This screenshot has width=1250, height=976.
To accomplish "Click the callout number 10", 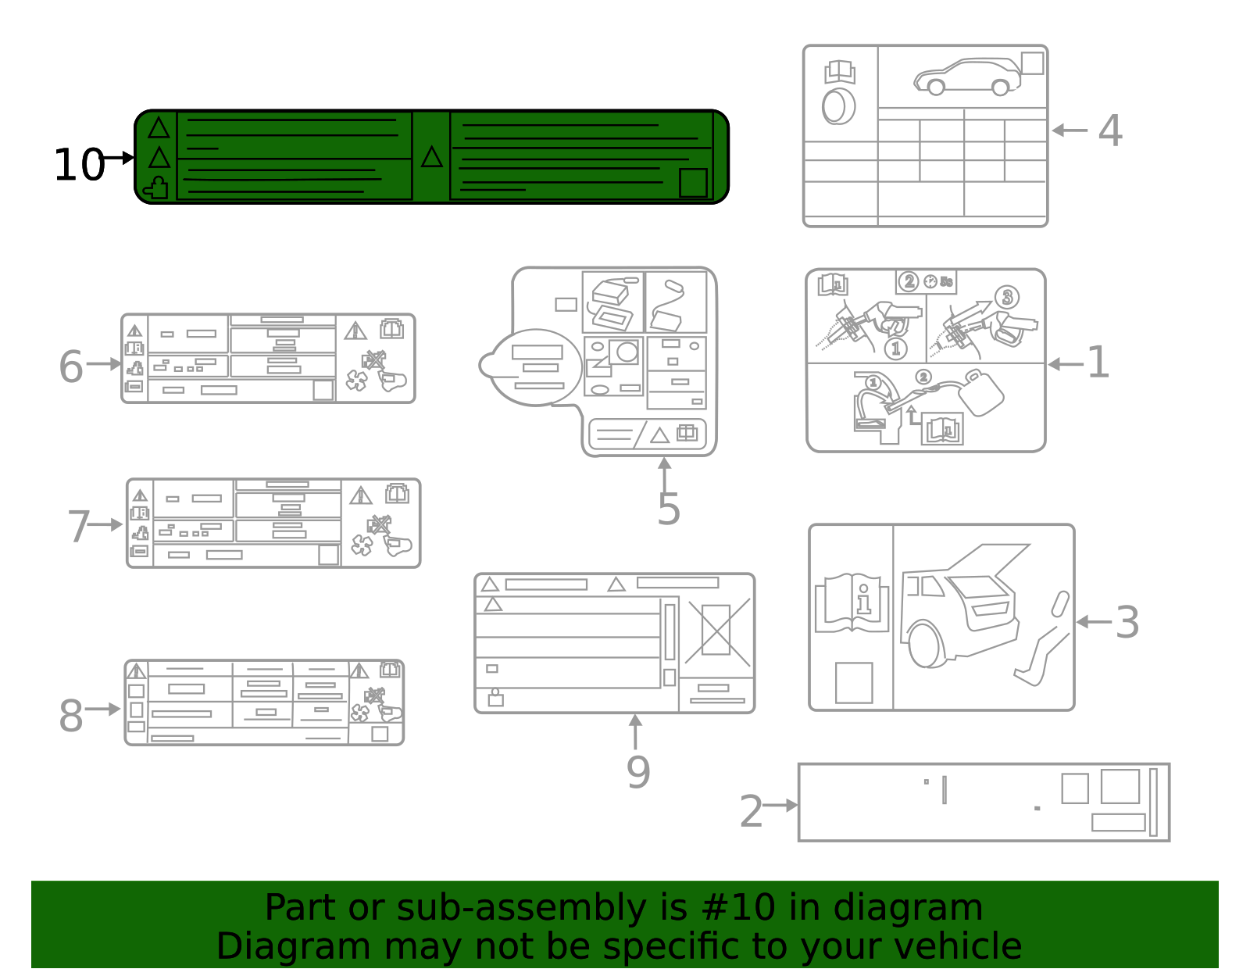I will click(79, 165).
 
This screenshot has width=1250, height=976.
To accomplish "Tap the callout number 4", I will click(1109, 130).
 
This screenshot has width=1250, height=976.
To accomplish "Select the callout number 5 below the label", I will click(668, 509).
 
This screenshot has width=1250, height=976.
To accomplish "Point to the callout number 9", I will click(637, 771).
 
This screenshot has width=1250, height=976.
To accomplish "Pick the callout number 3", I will click(1127, 622).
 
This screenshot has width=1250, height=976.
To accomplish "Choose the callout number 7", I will click(78, 526).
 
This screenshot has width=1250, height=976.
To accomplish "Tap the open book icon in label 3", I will click(852, 602).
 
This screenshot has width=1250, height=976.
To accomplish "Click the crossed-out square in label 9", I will click(716, 629).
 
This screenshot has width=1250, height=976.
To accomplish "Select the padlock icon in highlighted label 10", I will click(156, 188).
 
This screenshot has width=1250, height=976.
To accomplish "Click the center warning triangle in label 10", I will click(431, 158).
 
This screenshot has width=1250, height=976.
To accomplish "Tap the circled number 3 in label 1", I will click(1007, 297).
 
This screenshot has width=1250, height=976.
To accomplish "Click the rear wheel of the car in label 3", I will click(926, 645).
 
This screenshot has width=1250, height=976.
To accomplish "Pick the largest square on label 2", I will click(1120, 786).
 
